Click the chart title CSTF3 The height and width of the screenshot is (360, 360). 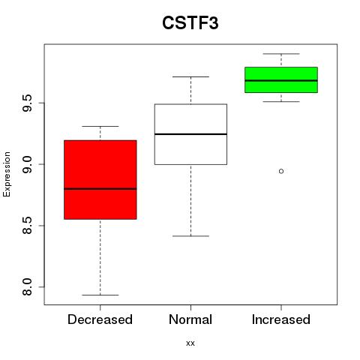click(190, 22)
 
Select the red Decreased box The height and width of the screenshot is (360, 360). click(100, 180)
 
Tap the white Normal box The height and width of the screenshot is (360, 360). click(190, 134)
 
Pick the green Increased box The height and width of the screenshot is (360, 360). click(281, 79)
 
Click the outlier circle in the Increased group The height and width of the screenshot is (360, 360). click(281, 171)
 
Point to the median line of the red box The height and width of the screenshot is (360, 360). click(100, 189)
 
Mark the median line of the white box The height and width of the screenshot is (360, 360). click(190, 134)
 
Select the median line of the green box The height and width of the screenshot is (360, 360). click(281, 80)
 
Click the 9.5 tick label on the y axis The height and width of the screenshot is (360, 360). click(27, 103)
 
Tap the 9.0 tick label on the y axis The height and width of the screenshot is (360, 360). click(27, 164)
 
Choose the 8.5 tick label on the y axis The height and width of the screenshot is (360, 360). click(27, 226)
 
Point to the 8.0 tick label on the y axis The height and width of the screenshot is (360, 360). click(27, 286)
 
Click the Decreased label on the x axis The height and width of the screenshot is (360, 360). click(100, 319)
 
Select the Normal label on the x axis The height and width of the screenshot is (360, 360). click(190, 319)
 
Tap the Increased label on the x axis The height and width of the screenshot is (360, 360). click(281, 319)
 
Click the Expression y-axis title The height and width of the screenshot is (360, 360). click(7, 174)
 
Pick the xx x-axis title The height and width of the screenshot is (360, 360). click(190, 343)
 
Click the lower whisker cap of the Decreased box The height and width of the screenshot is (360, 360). click(100, 295)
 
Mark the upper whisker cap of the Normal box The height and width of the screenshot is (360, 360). click(190, 76)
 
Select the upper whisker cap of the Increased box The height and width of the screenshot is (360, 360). click(281, 54)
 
